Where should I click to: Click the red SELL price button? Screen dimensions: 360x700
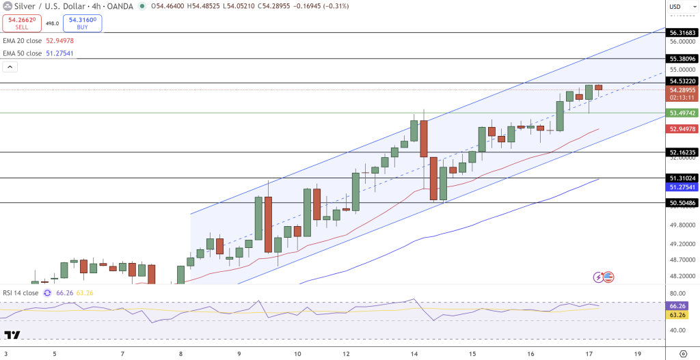(x=21, y=23)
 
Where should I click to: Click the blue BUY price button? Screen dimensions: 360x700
(x=82, y=23)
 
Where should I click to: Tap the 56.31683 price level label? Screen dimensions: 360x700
(x=682, y=32)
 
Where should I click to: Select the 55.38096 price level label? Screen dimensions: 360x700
(x=682, y=59)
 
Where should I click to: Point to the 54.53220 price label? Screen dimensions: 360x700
(x=682, y=81)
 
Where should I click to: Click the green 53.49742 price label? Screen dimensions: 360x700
(x=682, y=113)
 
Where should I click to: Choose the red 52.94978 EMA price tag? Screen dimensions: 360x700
(x=682, y=128)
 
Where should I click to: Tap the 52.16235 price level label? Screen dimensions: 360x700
(x=682, y=152)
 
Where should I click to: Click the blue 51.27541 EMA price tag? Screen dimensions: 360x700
(x=682, y=186)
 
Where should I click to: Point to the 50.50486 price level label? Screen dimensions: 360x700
(x=682, y=203)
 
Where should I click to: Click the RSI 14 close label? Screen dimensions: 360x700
(x=21, y=292)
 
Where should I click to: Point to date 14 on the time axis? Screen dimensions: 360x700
(x=414, y=355)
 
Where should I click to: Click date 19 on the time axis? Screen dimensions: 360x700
(x=637, y=355)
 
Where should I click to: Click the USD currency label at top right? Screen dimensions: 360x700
(x=675, y=7)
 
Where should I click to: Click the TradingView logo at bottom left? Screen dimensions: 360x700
(x=12, y=335)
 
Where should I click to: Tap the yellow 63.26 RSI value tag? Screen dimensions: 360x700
(x=677, y=315)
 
